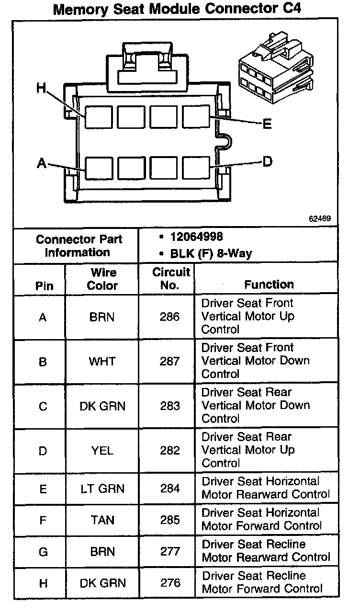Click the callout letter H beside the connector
tap(42, 88)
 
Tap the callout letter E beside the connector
tap(267, 125)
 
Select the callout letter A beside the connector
tap(42, 164)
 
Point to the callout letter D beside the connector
tap(267, 161)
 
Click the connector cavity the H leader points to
tap(99, 117)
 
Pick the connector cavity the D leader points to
tap(196, 168)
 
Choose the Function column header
tap(269, 284)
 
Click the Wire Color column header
tap(102, 279)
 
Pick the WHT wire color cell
tap(102, 361)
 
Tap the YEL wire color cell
tap(102, 450)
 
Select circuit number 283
tap(170, 406)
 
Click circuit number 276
tap(170, 583)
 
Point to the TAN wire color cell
tap(102, 520)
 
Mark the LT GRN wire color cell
tap(102, 489)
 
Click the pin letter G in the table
tap(43, 552)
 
